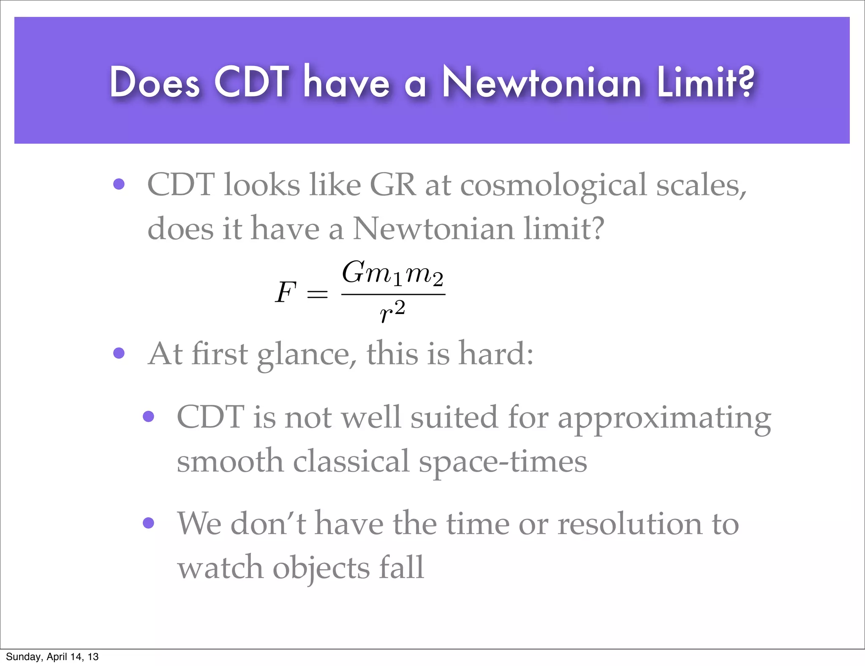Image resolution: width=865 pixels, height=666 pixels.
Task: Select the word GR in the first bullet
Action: point(393,185)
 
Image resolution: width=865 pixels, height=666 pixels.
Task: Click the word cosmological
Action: point(553,186)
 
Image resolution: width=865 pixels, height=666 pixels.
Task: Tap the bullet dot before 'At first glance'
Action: point(119,353)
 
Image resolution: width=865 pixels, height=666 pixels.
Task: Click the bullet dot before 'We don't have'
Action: point(148,523)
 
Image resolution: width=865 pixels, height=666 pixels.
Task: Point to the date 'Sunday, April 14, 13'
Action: point(52,656)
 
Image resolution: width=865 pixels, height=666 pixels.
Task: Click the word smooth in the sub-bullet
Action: point(230,461)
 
